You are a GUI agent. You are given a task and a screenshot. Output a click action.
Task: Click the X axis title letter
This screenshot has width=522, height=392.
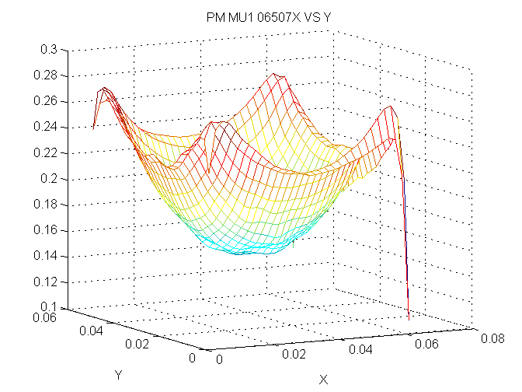[x=324, y=380]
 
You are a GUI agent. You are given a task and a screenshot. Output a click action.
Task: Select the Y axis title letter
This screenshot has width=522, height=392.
[x=118, y=375]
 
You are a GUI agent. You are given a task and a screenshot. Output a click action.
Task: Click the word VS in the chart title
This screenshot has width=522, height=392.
[x=304, y=18]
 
